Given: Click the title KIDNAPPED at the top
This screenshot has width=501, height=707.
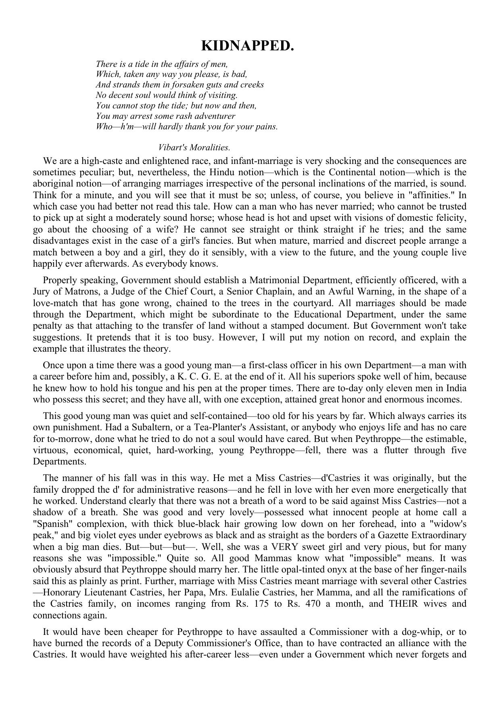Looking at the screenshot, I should tap(247, 46).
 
